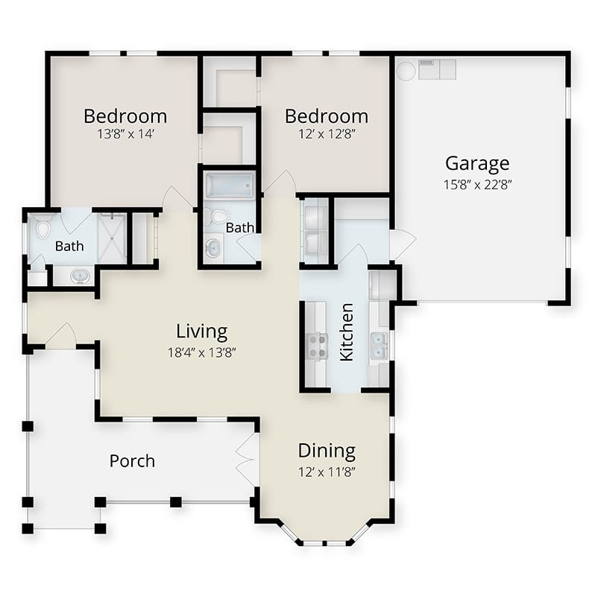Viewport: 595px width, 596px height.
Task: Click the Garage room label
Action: (477, 164)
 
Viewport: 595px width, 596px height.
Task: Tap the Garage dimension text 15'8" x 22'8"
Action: (477, 185)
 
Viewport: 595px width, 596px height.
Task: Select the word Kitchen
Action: (347, 332)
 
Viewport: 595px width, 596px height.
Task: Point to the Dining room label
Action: (327, 451)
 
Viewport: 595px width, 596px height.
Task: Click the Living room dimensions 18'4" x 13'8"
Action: (201, 352)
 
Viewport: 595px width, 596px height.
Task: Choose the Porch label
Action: (132, 461)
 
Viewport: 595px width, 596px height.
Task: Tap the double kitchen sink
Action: (380, 346)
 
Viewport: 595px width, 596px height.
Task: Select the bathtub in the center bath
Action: (230, 185)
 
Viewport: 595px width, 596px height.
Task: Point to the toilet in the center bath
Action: (218, 217)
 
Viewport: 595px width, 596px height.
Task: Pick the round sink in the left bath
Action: (81, 276)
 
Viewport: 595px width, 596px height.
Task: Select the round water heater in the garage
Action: (406, 70)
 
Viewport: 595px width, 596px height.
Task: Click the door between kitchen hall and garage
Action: (403, 244)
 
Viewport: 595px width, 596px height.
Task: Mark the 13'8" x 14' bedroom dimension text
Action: (125, 134)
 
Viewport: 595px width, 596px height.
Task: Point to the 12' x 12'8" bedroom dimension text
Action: (327, 134)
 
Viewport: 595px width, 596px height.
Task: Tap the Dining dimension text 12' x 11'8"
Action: (327, 472)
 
